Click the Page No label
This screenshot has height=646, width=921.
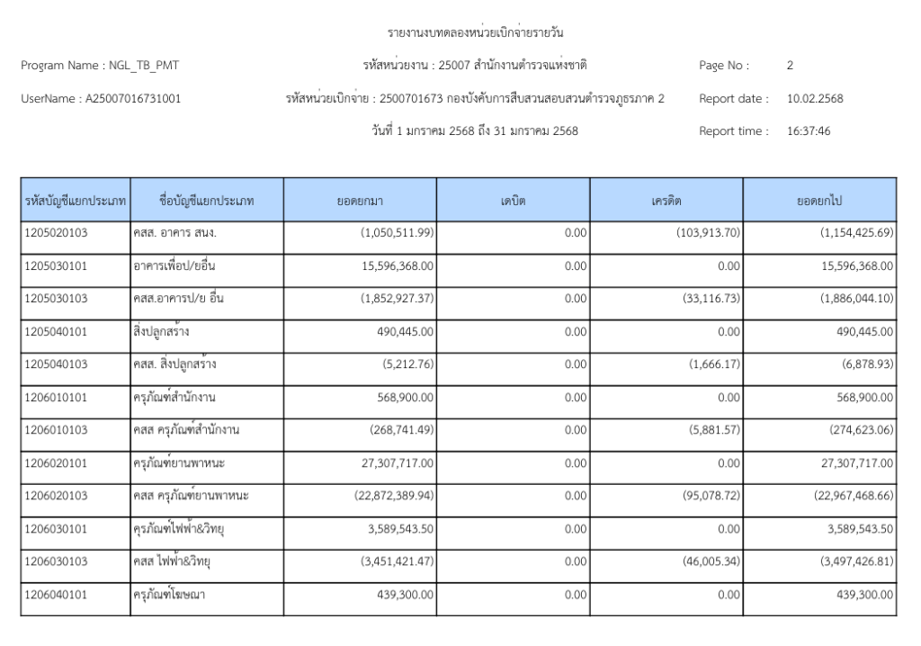[724, 66]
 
